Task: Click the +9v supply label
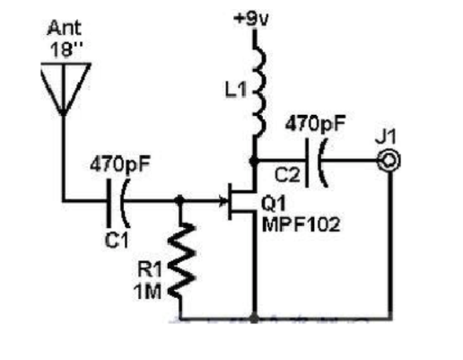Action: click(251, 19)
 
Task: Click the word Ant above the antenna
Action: click(64, 28)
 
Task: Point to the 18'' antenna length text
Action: click(66, 48)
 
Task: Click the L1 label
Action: click(236, 90)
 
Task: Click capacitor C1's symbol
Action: click(118, 203)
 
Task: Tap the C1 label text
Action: click(117, 240)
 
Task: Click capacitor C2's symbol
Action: click(316, 162)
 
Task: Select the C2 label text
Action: click(287, 175)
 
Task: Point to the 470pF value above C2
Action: click(315, 123)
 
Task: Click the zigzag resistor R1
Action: click(181, 259)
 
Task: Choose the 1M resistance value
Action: click(148, 291)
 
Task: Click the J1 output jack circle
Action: click(389, 161)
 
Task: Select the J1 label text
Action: click(386, 137)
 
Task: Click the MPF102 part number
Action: click(301, 224)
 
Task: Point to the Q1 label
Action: click(274, 204)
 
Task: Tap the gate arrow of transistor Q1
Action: click(223, 200)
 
